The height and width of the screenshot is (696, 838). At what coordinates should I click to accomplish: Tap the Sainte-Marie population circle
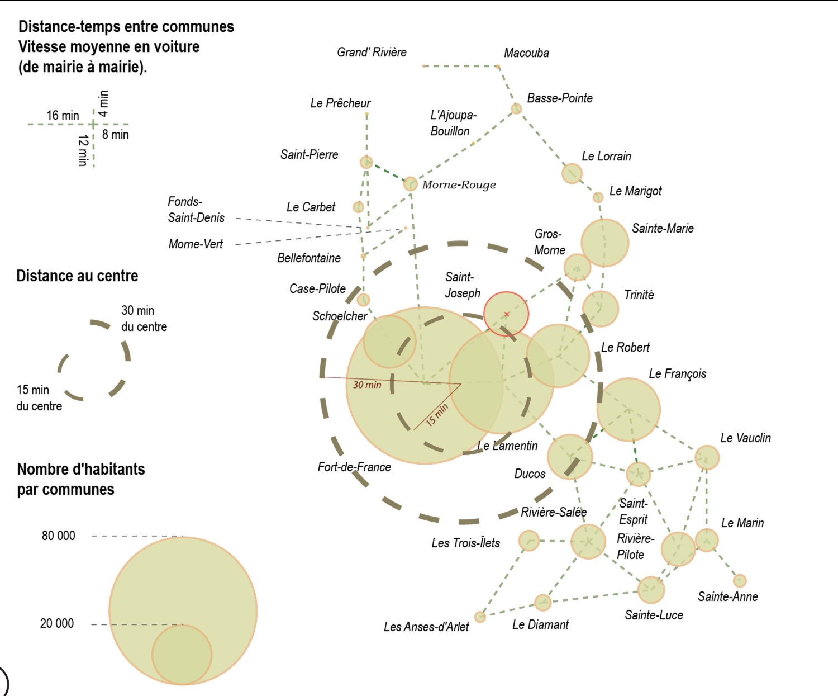[605, 243]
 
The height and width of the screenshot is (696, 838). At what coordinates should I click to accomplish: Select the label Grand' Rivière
[372, 52]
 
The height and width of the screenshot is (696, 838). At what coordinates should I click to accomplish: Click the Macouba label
[527, 53]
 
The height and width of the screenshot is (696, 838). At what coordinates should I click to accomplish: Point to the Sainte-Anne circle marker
[740, 581]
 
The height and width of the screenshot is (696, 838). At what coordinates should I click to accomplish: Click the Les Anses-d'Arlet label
[426, 627]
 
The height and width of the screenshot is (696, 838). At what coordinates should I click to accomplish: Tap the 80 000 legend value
[58, 536]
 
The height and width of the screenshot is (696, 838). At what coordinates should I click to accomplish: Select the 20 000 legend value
[57, 623]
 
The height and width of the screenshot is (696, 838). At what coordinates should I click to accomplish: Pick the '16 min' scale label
[63, 116]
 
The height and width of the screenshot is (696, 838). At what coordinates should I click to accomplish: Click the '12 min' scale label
[83, 150]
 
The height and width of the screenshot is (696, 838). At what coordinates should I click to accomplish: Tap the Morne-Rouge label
[459, 184]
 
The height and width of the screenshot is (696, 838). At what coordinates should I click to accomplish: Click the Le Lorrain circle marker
[572, 173]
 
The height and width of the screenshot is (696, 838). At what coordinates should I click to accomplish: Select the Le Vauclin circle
[707, 457]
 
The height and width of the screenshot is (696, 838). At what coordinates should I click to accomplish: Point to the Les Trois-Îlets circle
[529, 540]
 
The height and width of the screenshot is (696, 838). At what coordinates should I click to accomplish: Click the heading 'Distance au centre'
[77, 276]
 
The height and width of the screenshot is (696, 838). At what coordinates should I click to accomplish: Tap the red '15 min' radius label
[437, 415]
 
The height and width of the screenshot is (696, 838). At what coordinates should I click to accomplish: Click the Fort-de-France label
[354, 467]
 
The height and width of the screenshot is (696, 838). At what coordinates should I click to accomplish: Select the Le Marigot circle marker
[598, 197]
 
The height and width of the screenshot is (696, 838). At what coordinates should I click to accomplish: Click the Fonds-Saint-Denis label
[196, 209]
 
